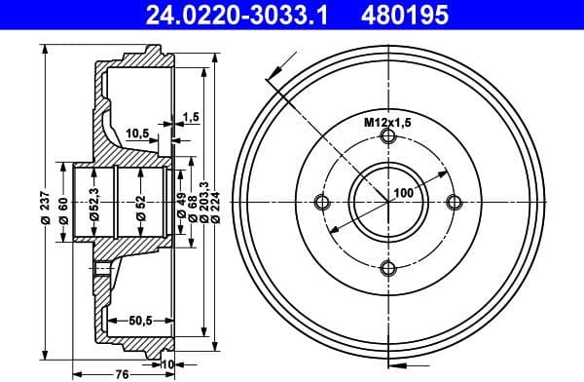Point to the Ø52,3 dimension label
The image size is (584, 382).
coord(94,201)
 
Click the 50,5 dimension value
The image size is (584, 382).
coord(142,319)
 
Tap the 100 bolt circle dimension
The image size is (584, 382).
coord(404,194)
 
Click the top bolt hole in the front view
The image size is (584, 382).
coord(388,137)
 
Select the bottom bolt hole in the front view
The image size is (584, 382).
coord(388,269)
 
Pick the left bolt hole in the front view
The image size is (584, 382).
coord(322,203)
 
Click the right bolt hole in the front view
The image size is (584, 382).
coord(454,203)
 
